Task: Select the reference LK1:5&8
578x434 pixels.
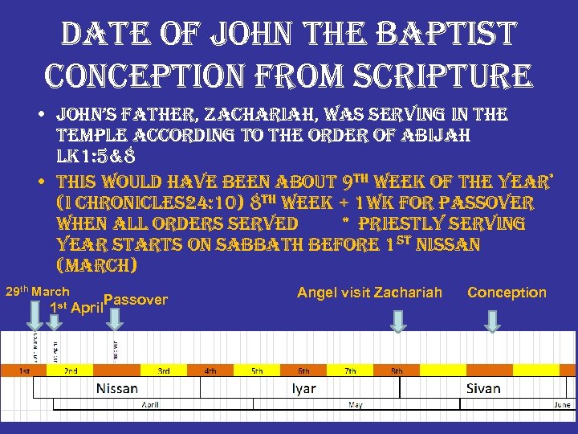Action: pyautogui.click(x=99, y=154)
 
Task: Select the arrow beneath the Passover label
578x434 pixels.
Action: pyautogui.click(x=116, y=319)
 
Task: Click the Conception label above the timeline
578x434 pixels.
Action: pyautogui.click(x=507, y=293)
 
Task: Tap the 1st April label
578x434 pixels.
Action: pyautogui.click(x=75, y=307)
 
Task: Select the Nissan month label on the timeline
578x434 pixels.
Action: pyautogui.click(x=117, y=388)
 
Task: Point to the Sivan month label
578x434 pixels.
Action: pyautogui.click(x=483, y=388)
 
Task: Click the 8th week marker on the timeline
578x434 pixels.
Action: pyautogui.click(x=397, y=371)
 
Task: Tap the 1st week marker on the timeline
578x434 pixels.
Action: pyautogui.click(x=25, y=371)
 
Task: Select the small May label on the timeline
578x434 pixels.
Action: pyautogui.click(x=355, y=405)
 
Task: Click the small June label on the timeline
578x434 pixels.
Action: pyautogui.click(x=562, y=405)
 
